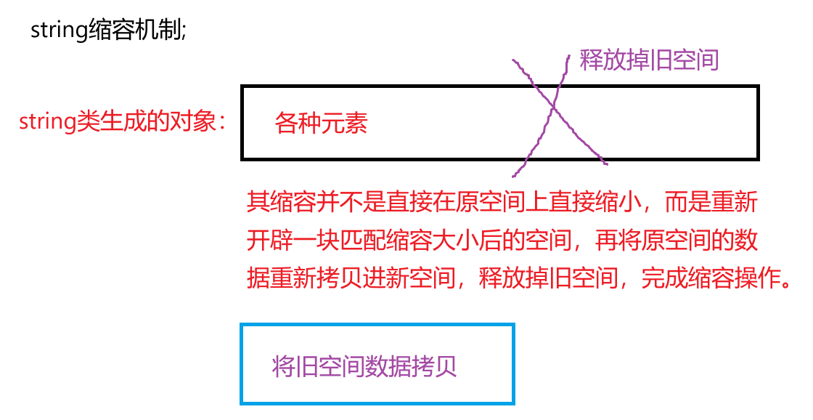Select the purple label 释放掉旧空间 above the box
(649, 60)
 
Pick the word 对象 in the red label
(195, 121)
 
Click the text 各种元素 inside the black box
(322, 124)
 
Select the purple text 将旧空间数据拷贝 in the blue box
(364, 366)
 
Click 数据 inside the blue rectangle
(388, 366)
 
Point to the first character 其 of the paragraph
(258, 202)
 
